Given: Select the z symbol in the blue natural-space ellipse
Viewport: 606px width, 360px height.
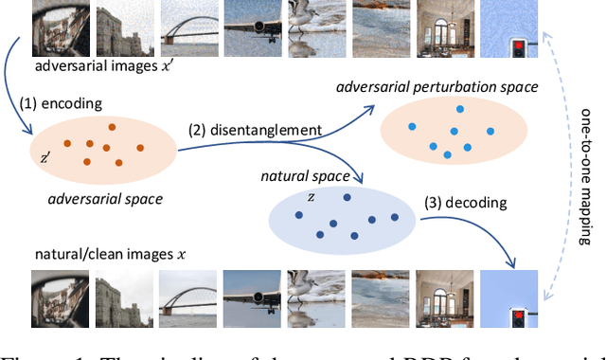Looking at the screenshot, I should point(310,197).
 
